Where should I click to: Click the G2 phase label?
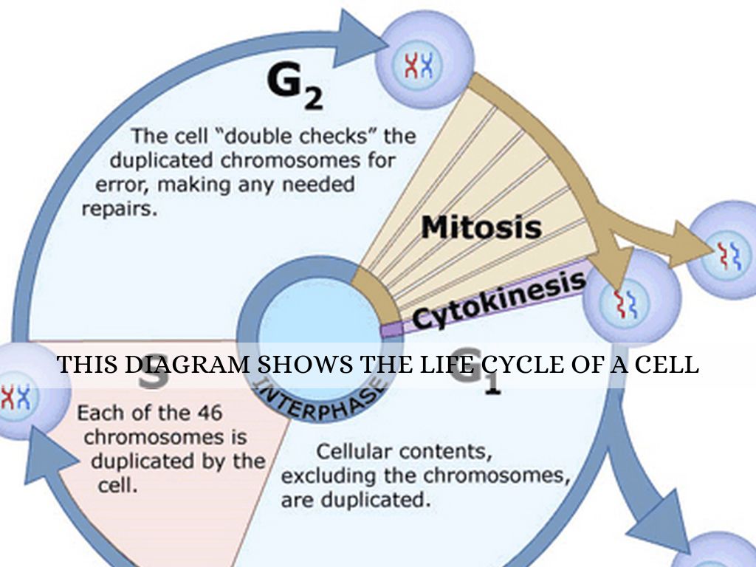294,87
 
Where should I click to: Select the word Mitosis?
481,227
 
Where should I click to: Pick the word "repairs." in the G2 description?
120,209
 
